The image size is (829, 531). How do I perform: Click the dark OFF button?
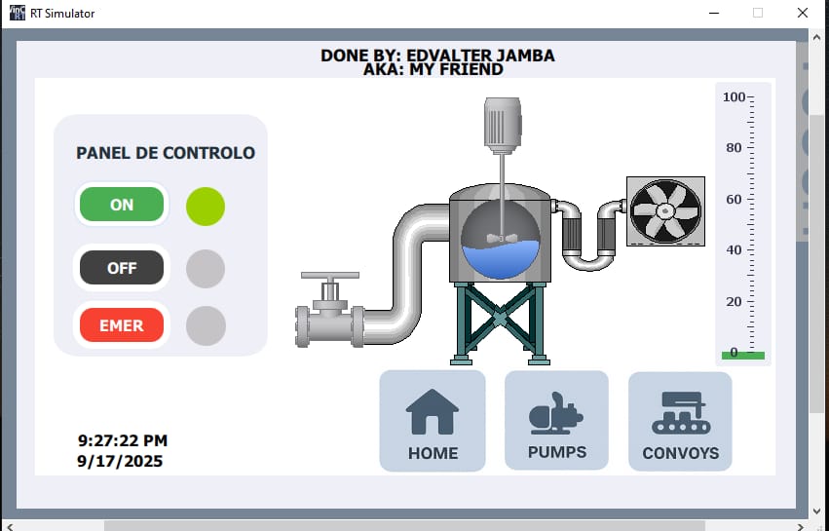(x=122, y=268)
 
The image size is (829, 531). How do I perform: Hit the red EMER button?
(x=122, y=324)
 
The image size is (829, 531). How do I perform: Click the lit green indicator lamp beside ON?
(x=206, y=207)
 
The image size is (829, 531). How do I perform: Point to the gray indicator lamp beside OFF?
(x=206, y=269)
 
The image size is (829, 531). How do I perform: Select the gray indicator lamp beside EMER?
(x=206, y=325)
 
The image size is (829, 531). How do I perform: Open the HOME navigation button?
(x=433, y=421)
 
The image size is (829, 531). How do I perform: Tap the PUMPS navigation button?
(x=556, y=420)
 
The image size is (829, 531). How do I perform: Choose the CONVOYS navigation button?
(x=680, y=421)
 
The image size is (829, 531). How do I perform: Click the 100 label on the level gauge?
(x=734, y=96)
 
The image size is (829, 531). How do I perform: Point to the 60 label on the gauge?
(x=734, y=199)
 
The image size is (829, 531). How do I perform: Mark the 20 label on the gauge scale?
(x=734, y=301)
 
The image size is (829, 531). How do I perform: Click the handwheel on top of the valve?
(x=330, y=275)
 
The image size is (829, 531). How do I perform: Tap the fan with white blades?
(x=665, y=211)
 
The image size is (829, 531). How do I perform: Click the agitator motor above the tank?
(x=503, y=123)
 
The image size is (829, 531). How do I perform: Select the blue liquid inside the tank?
(x=501, y=259)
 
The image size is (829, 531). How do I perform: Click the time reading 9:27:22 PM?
(x=123, y=440)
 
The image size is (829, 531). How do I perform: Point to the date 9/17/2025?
(x=120, y=461)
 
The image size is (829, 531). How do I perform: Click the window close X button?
(x=803, y=13)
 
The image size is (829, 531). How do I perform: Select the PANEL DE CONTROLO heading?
(x=166, y=153)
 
